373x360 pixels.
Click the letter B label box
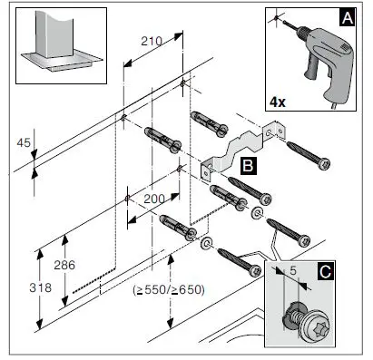[247, 165]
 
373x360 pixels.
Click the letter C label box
[349, 269]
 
